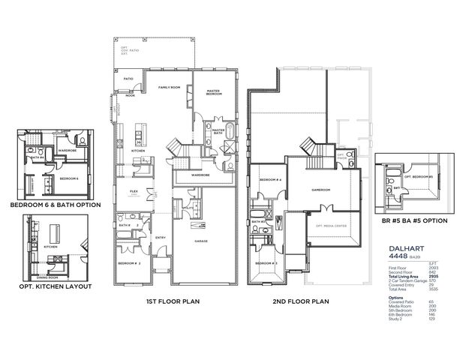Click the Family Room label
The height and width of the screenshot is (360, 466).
click(x=167, y=88)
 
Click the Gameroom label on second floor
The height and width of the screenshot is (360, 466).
click(x=320, y=190)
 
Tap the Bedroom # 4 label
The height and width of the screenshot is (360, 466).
click(x=269, y=181)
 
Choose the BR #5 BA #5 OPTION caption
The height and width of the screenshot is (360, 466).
click(x=415, y=220)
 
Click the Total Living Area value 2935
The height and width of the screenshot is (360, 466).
click(x=433, y=277)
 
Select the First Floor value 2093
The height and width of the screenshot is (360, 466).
click(x=433, y=268)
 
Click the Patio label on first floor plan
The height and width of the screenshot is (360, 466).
click(x=128, y=77)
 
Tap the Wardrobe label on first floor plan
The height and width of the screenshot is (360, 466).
click(x=200, y=175)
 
